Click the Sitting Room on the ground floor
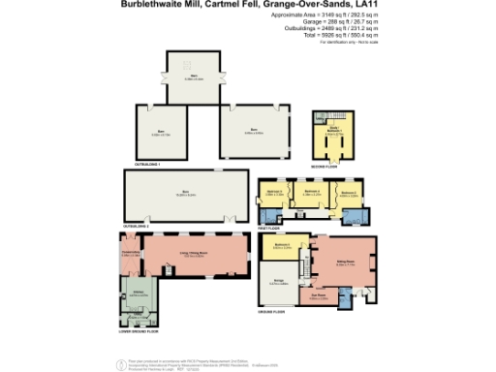[x=346, y=262]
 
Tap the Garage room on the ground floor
[x=279, y=283]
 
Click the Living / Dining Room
[x=200, y=256]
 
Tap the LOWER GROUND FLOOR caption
[x=136, y=331]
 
